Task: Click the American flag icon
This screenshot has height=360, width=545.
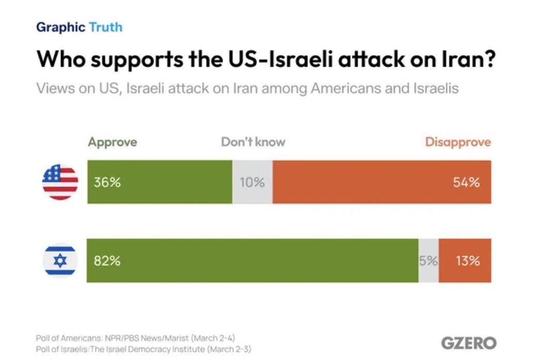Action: [60, 182]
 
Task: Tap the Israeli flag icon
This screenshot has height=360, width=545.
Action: [60, 261]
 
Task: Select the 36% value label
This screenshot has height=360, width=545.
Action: [107, 182]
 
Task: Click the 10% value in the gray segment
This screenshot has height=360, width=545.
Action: [252, 182]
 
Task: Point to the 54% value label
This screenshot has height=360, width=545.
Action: [467, 182]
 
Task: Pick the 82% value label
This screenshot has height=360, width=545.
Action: [107, 261]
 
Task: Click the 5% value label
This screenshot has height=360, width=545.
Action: [428, 261]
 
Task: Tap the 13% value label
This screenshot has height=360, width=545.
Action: [468, 261]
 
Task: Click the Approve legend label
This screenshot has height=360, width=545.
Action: [112, 142]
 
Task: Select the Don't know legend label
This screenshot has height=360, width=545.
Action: [253, 142]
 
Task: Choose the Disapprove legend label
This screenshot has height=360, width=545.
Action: [458, 142]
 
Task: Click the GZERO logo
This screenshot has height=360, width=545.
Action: [469, 343]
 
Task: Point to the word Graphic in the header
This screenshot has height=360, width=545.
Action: [59, 27]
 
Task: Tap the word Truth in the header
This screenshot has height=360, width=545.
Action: [105, 27]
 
